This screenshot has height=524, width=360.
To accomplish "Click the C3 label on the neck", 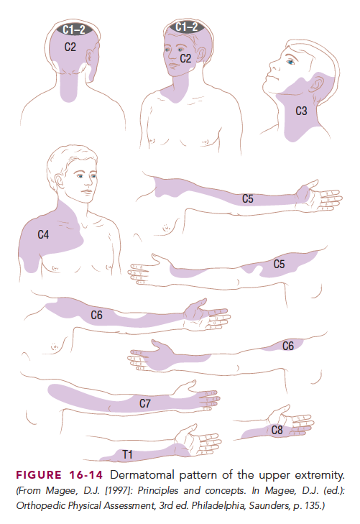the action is coord(301,111).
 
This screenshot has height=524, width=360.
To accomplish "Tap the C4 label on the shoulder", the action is coord(43,234).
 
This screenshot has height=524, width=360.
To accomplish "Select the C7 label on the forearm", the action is coord(145,403).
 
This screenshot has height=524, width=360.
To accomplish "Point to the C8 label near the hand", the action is coord(277,430).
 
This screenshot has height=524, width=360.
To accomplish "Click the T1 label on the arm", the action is coord(127,454).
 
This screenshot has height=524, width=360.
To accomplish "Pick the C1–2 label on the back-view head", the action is coord(74,29).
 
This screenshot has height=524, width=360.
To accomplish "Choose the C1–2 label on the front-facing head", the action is coord(186,27).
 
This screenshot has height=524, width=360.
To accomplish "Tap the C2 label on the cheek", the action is coord(185,58).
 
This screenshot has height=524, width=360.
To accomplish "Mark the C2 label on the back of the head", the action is coord(70,47).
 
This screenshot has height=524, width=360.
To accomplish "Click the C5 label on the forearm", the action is coord(247,199).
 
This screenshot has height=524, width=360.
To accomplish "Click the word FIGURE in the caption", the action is coord(39,475).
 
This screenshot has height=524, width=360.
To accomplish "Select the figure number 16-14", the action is coord(86,475).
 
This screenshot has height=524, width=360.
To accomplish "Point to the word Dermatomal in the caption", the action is coord(142,475).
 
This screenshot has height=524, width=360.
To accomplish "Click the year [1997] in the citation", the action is coord(119,490).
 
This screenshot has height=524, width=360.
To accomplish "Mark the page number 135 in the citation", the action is coord(312,505).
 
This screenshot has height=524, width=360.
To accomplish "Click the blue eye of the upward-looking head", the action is coord(291,62).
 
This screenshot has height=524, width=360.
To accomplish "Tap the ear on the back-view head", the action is coord(91,56).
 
